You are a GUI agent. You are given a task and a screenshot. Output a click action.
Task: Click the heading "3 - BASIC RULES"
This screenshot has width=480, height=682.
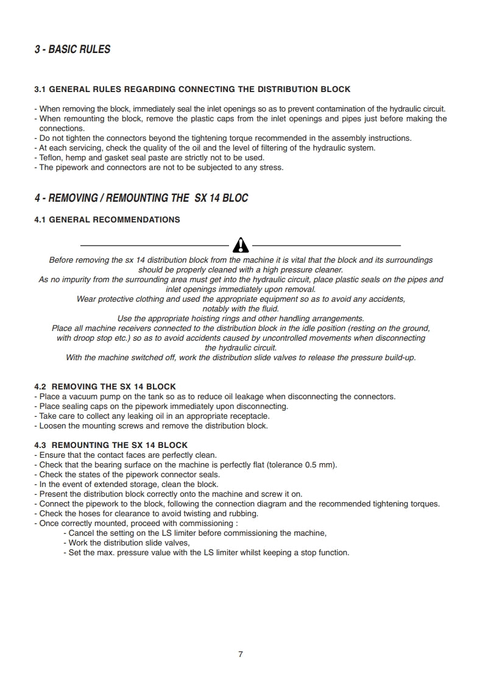tap(72, 49)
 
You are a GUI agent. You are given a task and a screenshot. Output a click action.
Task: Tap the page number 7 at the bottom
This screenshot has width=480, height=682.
tap(241, 655)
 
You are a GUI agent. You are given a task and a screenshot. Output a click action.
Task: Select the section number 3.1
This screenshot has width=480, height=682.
tap(40, 89)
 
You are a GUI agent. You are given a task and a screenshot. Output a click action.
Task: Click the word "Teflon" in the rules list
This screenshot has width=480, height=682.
tap(51, 157)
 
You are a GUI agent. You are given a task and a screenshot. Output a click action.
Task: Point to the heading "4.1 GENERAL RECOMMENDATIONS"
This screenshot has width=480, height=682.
tap(107, 219)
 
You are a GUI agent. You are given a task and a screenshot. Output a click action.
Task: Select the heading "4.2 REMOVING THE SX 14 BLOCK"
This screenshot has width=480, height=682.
tap(105, 386)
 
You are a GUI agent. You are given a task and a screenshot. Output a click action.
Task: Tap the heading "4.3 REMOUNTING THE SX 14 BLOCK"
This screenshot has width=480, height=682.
tap(111, 445)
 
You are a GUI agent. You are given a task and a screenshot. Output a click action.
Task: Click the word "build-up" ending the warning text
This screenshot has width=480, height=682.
tap(398, 357)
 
